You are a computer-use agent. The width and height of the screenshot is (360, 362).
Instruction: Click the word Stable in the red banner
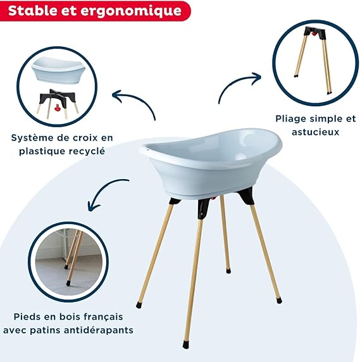32,11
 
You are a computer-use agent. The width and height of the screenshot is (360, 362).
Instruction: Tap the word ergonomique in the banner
131,11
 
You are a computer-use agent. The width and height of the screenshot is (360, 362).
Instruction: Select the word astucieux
315,132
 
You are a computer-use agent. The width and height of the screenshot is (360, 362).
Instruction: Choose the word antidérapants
99,330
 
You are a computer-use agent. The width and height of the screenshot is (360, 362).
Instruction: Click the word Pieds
28,316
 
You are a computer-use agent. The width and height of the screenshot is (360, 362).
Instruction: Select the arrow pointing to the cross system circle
135,99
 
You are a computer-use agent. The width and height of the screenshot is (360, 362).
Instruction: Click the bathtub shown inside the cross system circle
58,70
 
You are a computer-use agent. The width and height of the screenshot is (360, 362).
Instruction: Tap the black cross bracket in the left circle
58,97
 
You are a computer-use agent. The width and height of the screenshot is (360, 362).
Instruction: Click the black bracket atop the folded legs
315,32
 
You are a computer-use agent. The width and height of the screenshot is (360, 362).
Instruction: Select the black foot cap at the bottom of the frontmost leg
186,345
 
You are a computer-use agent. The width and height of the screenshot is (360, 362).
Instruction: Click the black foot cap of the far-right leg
279,301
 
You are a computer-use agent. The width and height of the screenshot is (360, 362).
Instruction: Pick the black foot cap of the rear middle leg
228,271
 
